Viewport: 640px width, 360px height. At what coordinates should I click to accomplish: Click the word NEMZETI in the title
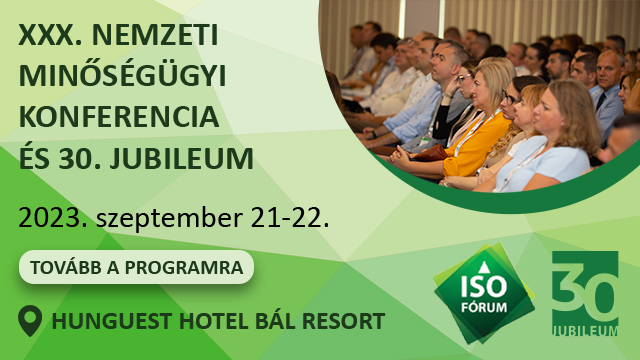[155, 35]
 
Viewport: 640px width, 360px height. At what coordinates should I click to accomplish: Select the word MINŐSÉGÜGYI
[122, 76]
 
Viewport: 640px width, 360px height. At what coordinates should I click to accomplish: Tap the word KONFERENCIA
[119, 117]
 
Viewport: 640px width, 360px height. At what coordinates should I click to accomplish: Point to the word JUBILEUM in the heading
[181, 158]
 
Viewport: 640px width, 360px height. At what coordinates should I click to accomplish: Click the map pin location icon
[30, 321]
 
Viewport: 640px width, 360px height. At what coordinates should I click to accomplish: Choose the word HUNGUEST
[111, 321]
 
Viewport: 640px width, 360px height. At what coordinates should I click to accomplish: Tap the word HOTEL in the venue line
[213, 321]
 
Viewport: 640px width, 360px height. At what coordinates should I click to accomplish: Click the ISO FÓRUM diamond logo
[484, 293]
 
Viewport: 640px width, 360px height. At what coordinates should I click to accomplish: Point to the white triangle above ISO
[484, 268]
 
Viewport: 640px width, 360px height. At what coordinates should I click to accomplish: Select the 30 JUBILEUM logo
[585, 293]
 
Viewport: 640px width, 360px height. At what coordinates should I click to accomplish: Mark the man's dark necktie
[600, 101]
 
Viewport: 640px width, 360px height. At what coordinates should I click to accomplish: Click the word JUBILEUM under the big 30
[585, 330]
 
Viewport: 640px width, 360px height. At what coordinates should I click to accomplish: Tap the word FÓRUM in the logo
[484, 307]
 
